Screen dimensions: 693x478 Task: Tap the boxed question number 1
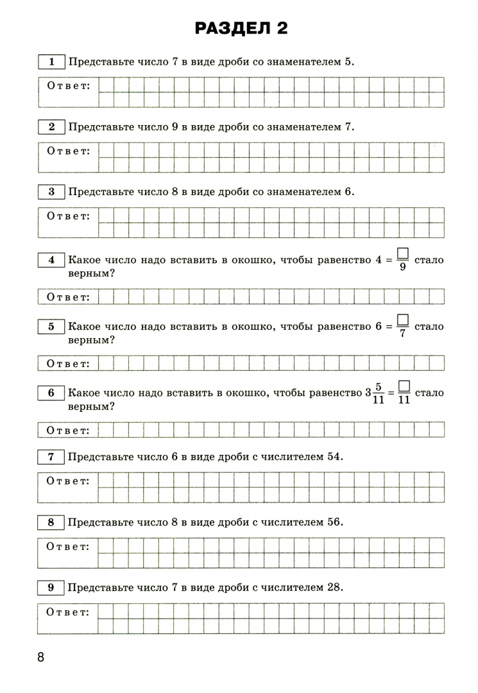click(x=51, y=62)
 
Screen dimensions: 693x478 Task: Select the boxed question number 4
click(x=51, y=260)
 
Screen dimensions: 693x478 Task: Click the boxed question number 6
click(x=51, y=393)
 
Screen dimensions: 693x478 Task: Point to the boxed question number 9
click(x=51, y=587)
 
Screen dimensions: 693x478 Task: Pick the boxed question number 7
click(x=51, y=457)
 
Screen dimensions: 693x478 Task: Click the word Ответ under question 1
click(x=68, y=86)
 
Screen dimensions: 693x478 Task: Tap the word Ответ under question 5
click(x=68, y=363)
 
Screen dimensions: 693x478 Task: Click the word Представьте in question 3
click(x=99, y=191)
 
